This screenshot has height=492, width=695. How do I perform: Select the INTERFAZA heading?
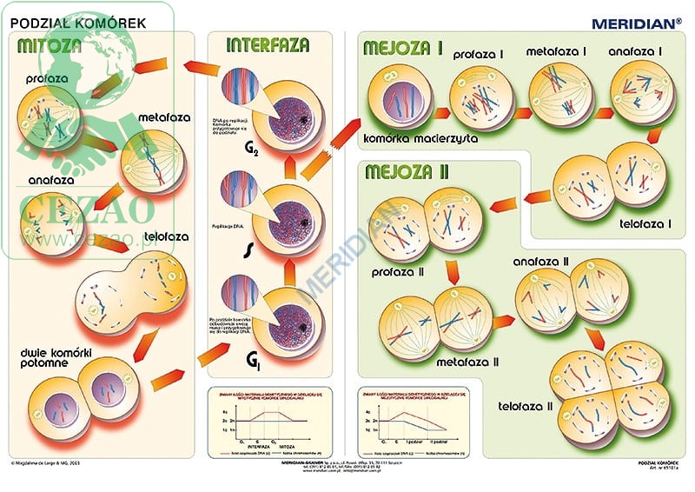(x=266, y=46)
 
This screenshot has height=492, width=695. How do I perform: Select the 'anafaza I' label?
(x=634, y=52)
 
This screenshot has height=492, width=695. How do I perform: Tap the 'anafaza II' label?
(x=540, y=262)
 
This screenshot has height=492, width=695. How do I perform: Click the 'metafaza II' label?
(x=467, y=362)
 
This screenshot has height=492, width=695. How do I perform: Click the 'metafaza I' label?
(x=556, y=52)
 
